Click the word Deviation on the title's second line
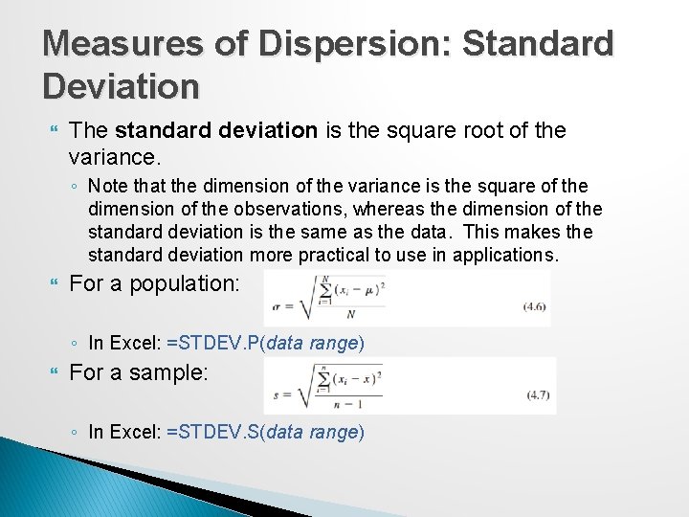[122, 87]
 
